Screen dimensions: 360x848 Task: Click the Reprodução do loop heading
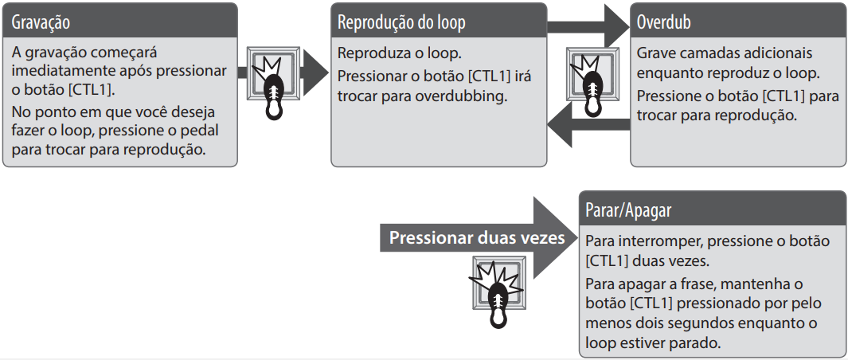coord(402,22)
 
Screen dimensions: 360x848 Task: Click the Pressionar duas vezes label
coord(476,238)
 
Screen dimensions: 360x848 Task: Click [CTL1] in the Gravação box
coord(91,89)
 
